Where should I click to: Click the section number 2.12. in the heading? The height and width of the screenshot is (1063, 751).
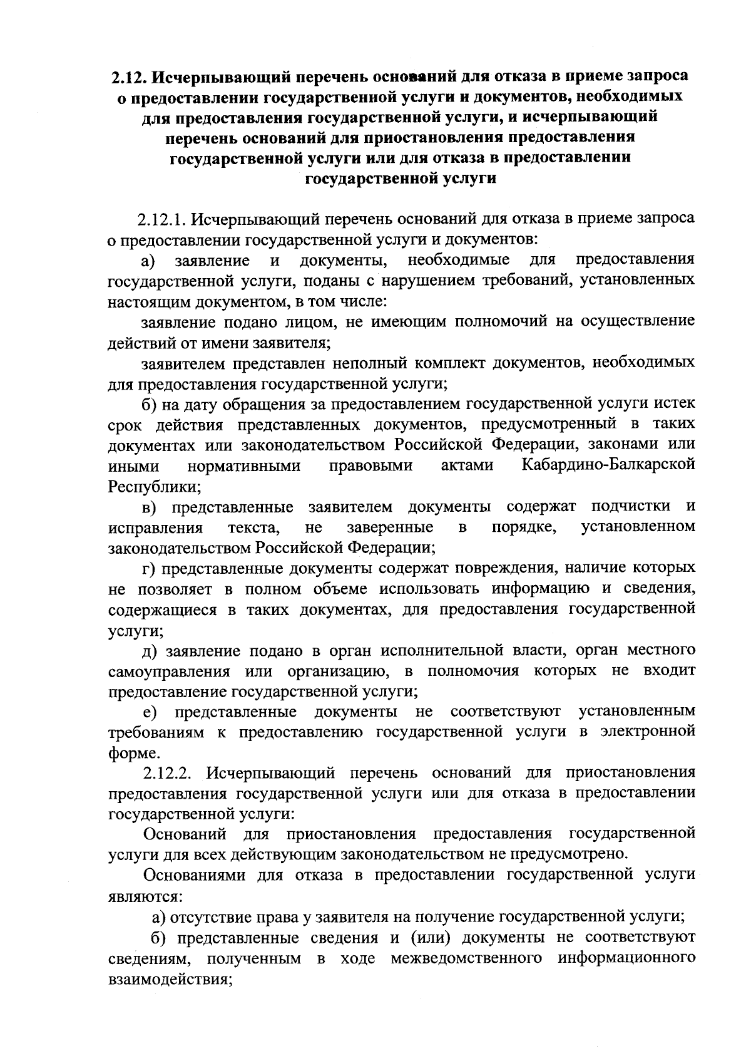[x=130, y=76]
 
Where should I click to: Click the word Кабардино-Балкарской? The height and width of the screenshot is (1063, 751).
[x=608, y=465]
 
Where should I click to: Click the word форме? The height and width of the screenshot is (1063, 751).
[x=130, y=753]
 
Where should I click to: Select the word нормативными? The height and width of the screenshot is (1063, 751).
[x=244, y=466]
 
